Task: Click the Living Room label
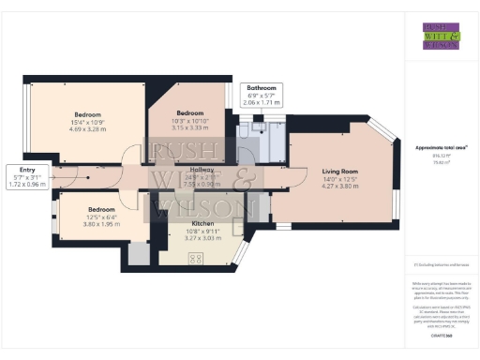340,172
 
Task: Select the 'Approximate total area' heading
435,149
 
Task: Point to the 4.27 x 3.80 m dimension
340,187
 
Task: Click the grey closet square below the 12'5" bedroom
138,252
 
